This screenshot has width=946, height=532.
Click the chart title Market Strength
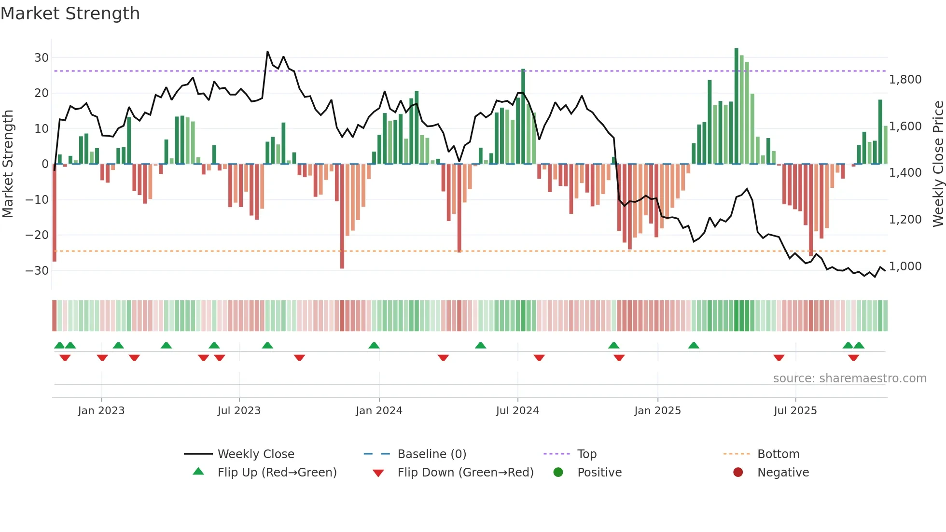click(x=70, y=14)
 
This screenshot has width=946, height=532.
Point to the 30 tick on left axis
click(x=42, y=58)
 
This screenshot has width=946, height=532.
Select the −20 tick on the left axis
click(x=38, y=235)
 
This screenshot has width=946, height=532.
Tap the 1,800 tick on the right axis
click(x=905, y=80)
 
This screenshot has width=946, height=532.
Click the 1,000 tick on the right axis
click(x=905, y=266)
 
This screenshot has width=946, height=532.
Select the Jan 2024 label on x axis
click(x=379, y=411)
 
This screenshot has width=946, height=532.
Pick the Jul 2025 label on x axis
click(x=795, y=411)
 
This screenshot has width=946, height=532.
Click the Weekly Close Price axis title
click(x=938, y=164)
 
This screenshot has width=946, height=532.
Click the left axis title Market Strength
click(x=8, y=164)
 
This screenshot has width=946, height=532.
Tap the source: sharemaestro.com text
click(x=849, y=378)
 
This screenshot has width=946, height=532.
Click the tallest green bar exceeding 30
click(x=737, y=106)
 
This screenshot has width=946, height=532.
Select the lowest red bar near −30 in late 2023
click(x=342, y=217)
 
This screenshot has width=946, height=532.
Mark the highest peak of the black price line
click(x=268, y=52)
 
